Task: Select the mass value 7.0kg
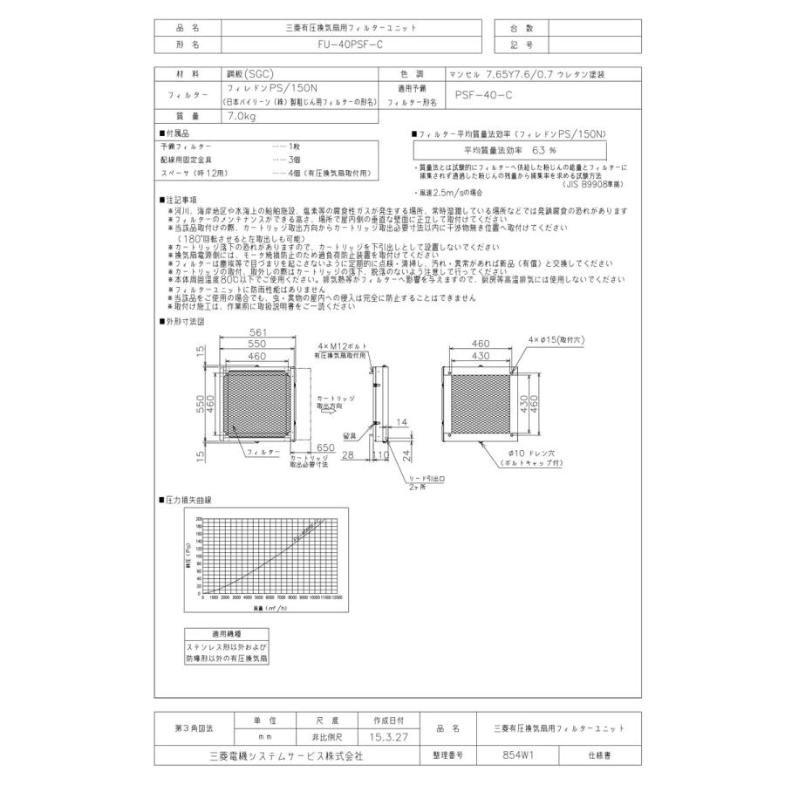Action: click(239, 115)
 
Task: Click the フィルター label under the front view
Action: click(263, 454)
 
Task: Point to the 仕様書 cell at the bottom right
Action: click(601, 755)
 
